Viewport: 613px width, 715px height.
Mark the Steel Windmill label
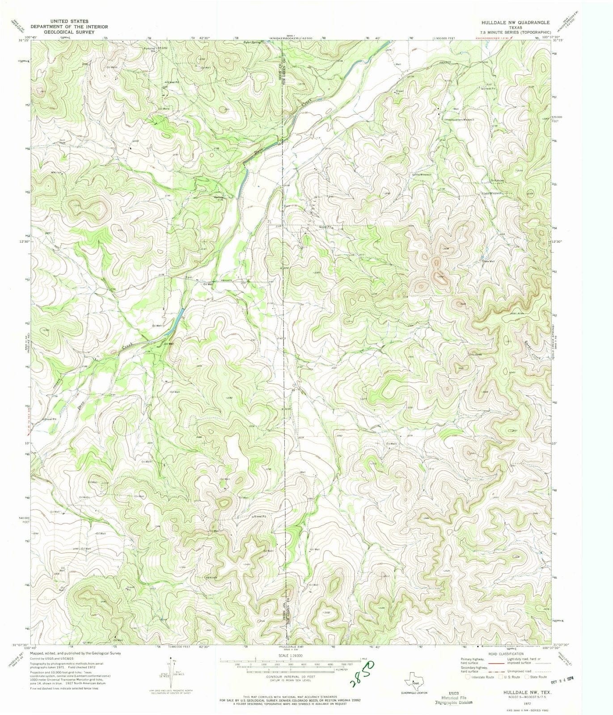490,193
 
